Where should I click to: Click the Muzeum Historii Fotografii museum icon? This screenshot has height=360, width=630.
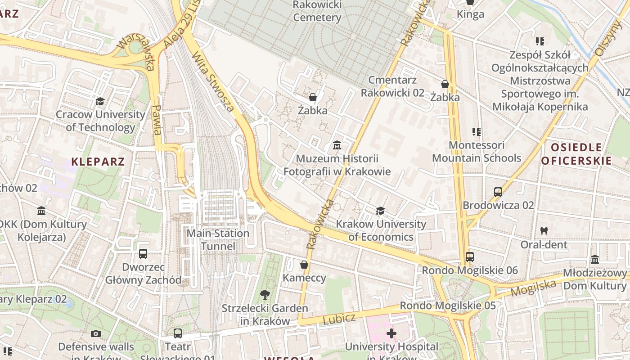(x=337, y=145)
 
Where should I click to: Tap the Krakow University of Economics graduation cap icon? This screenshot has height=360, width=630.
(x=380, y=211)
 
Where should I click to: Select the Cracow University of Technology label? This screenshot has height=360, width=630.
(x=100, y=121)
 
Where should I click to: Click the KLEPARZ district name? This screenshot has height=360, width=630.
(x=98, y=162)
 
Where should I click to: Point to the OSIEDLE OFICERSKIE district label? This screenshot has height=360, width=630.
(x=576, y=154)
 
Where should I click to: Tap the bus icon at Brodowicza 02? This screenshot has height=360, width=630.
(x=498, y=192)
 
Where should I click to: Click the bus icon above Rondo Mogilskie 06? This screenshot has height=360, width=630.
(x=469, y=257)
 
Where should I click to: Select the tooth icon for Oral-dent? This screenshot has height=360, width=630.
(x=544, y=231)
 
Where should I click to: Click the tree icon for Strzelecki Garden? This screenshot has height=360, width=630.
(x=265, y=295)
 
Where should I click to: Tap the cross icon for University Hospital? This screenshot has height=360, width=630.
(x=391, y=333)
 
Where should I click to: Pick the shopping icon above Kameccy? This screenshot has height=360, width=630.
(x=304, y=265)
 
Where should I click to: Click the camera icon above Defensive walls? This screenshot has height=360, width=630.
(x=96, y=333)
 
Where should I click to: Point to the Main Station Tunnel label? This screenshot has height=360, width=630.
(x=218, y=240)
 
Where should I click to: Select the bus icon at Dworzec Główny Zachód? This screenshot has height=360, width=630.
(x=143, y=254)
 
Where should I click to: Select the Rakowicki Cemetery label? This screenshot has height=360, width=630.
(x=317, y=11)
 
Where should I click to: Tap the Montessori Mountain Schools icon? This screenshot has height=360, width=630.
(x=477, y=132)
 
